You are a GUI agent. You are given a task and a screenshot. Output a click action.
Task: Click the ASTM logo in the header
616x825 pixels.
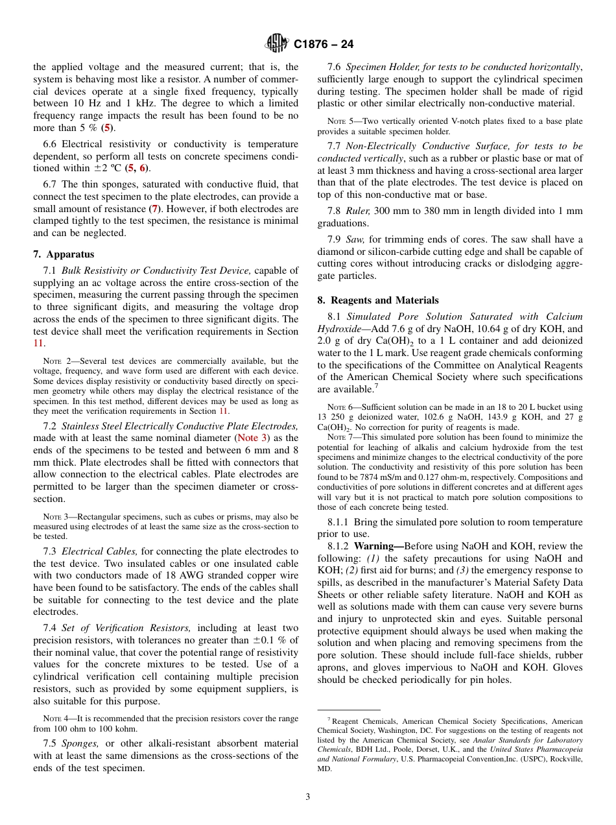[277, 44]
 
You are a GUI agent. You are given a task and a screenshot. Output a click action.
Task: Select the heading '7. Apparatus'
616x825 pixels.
[64, 254]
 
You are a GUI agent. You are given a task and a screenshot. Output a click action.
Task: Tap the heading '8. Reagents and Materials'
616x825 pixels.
[377, 300]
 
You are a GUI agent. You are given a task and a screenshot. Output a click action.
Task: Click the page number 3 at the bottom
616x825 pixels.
[308, 796]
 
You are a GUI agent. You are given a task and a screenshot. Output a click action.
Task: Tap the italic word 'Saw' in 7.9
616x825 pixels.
[355, 239]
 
